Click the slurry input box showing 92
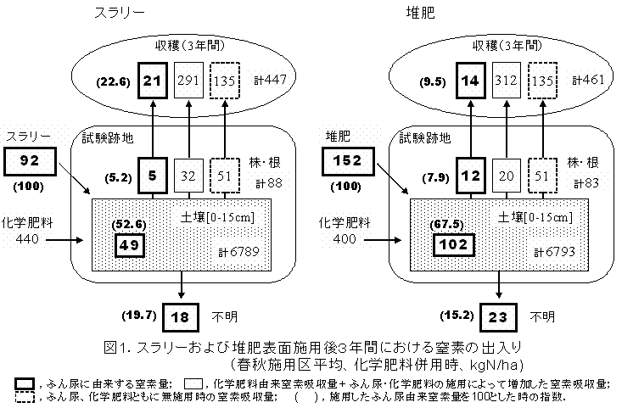coord(31,159)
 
